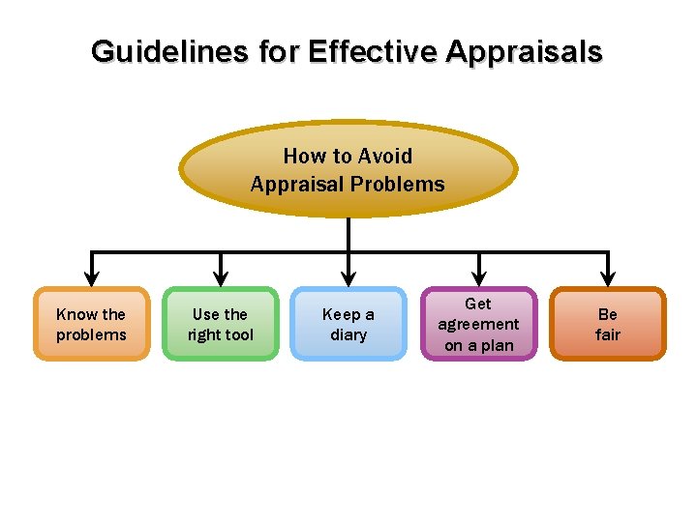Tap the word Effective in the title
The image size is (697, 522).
[x=373, y=51]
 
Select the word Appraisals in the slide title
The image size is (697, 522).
[x=524, y=51]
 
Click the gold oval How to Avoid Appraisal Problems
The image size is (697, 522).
[x=348, y=169]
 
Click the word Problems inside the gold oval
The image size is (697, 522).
[x=398, y=184]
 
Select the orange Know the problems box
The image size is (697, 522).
[x=91, y=324]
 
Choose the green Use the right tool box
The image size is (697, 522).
[x=221, y=324]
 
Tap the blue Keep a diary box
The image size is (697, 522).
[x=348, y=324]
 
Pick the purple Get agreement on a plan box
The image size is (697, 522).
[x=478, y=324]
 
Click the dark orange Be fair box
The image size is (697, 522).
[x=608, y=324]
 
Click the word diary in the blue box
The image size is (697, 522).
[x=348, y=335]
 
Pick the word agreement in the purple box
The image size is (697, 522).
[x=478, y=325]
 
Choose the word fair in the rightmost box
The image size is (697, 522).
[x=608, y=335]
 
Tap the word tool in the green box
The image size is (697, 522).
[x=238, y=335]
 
